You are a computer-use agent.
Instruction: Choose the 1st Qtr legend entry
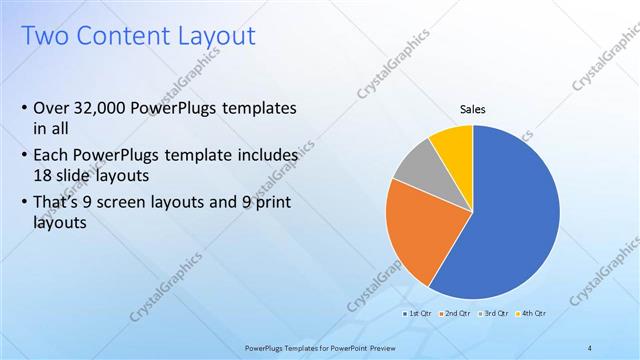click(417, 313)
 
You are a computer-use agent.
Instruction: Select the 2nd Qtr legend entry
click(455, 313)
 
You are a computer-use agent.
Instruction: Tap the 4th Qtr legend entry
click(532, 313)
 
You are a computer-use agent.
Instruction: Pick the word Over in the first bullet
click(51, 108)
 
